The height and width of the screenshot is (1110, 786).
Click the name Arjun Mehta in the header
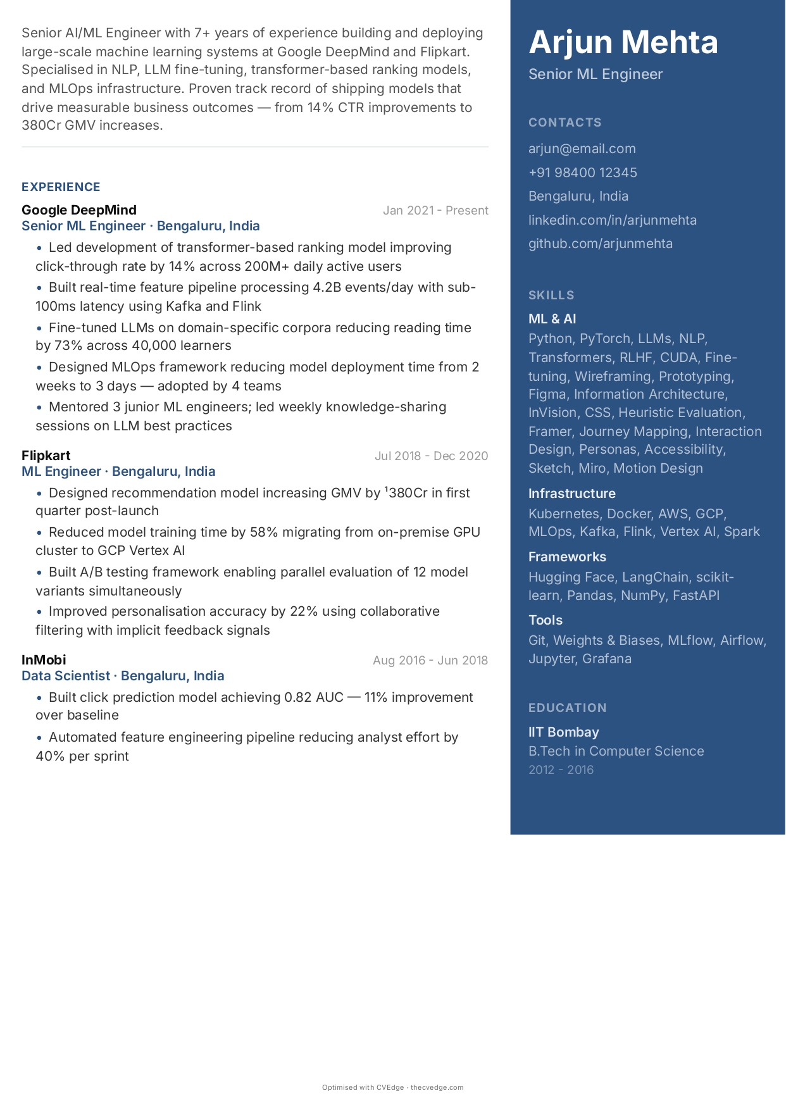click(623, 42)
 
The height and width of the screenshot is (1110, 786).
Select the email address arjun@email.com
click(582, 149)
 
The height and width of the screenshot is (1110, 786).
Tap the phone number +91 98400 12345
click(582, 173)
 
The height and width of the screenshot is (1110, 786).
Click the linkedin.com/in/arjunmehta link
click(612, 220)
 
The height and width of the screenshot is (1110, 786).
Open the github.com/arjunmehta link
click(600, 244)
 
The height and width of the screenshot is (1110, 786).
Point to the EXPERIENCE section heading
click(61, 187)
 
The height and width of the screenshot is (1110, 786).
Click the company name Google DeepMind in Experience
click(79, 210)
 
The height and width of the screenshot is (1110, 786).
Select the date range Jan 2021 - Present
click(435, 211)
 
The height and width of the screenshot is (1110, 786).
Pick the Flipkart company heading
click(46, 456)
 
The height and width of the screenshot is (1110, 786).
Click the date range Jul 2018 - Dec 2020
click(431, 456)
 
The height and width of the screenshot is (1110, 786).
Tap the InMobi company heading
click(44, 660)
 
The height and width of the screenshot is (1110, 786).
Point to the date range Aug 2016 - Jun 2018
click(430, 661)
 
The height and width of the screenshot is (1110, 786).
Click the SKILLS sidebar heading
click(551, 296)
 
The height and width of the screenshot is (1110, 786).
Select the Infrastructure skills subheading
click(571, 494)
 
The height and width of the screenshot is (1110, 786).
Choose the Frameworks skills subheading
click(567, 557)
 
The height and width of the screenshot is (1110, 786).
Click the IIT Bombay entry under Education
click(563, 732)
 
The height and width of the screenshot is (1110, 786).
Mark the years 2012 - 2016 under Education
click(561, 770)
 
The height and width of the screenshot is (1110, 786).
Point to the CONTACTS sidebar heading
click(565, 123)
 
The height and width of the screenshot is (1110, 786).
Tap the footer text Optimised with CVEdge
click(363, 1087)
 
